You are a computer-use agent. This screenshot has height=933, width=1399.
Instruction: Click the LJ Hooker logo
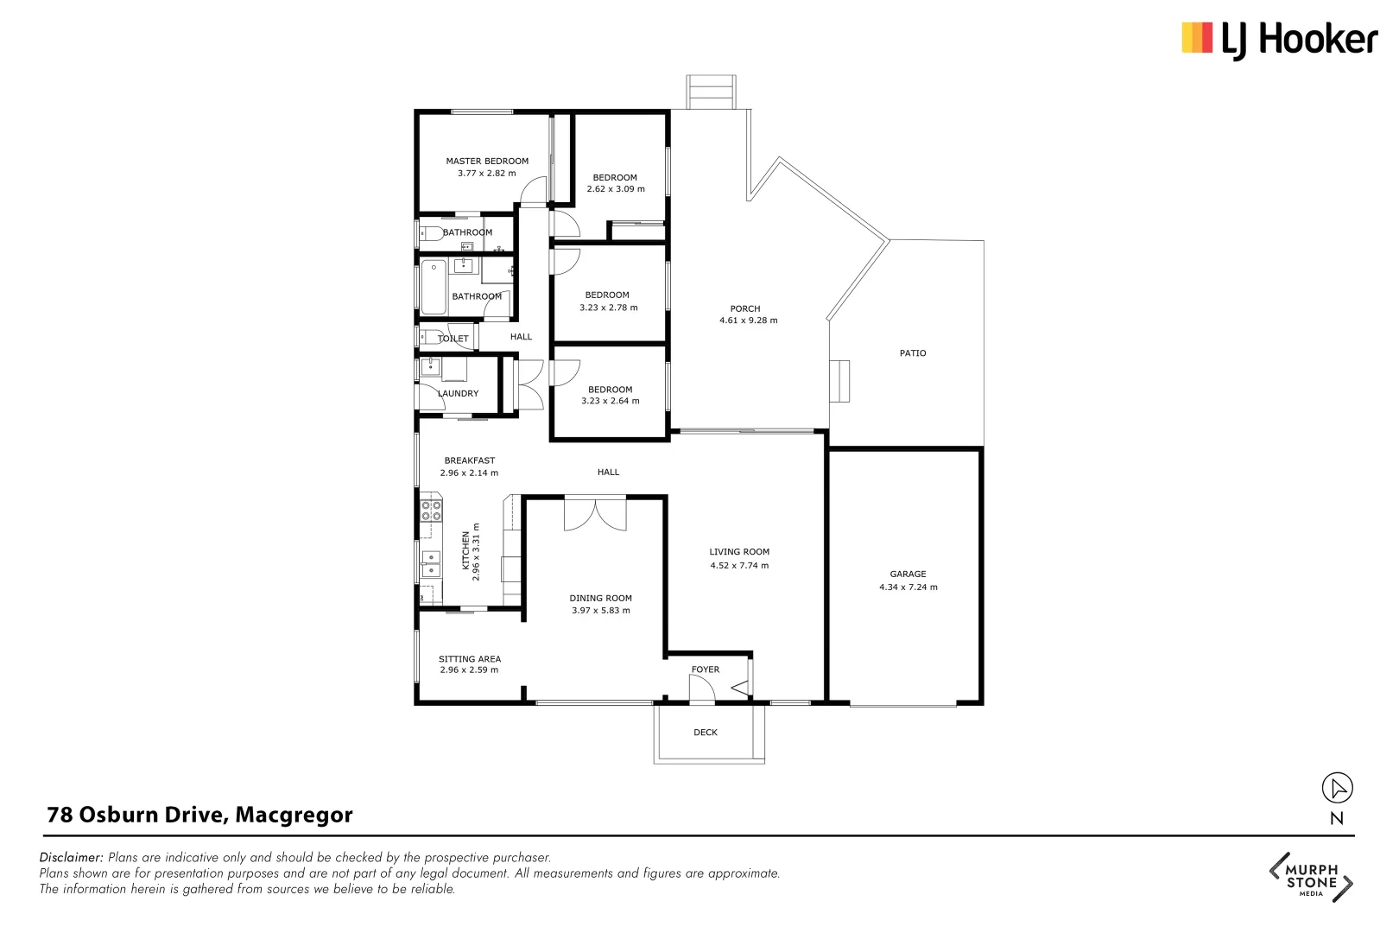coord(1279,40)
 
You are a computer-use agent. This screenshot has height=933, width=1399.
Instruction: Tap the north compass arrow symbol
coord(1337,788)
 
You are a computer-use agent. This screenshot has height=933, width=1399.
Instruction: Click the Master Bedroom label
coord(487,162)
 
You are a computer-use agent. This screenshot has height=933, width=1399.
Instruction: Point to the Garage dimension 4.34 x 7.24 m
coord(908,587)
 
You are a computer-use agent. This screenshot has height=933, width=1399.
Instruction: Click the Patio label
coord(913,353)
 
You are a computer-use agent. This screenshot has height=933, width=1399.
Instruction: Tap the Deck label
coord(706,733)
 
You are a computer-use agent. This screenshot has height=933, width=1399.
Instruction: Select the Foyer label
coord(706,670)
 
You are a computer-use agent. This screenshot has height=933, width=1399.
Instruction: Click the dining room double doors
coord(595,514)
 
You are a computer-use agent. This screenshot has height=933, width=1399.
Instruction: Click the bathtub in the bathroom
coord(434,288)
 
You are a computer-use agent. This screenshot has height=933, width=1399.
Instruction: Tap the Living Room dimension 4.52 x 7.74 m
coord(739,566)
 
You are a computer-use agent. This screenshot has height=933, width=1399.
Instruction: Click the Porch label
coord(745,308)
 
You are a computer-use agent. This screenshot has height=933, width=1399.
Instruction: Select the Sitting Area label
coord(470,659)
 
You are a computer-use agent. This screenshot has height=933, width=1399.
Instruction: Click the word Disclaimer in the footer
coord(71,858)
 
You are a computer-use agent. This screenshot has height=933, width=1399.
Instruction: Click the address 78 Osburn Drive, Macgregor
coord(199,815)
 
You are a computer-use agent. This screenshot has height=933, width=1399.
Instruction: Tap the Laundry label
coord(459,394)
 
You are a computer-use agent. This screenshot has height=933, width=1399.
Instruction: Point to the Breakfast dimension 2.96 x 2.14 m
coord(469,473)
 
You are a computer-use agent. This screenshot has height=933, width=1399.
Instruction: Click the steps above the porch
coord(711,92)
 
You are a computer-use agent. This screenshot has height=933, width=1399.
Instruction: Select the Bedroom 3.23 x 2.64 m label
coord(611,390)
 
